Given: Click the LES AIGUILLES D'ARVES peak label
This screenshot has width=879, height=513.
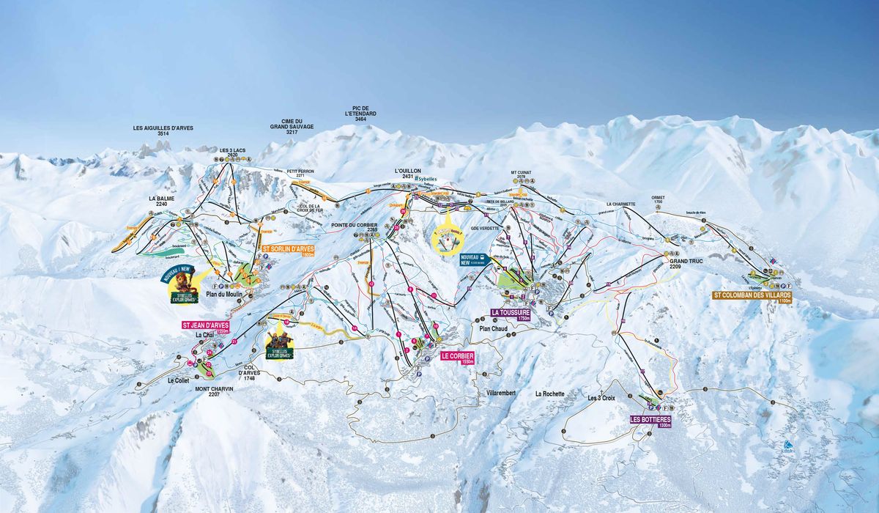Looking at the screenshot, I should (163, 130).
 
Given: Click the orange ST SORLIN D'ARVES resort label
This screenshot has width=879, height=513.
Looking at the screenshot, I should (288, 250).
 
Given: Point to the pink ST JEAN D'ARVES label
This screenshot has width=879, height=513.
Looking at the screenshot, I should (206, 326).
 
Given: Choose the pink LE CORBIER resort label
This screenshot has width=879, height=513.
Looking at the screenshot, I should (458, 357).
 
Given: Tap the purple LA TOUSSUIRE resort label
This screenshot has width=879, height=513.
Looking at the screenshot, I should (510, 314).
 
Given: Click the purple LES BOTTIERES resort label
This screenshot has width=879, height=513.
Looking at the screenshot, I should (650, 421).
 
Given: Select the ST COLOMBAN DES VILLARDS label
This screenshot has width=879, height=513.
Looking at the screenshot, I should (752, 298).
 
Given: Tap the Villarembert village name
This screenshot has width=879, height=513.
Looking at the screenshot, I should (501, 394).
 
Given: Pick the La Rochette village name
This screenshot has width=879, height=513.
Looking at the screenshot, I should (549, 394).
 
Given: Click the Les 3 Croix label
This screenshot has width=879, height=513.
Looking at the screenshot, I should (601, 398).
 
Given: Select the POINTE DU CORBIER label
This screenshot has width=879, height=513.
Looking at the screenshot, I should (354, 226).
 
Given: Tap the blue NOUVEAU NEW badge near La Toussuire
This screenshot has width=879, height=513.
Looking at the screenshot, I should (470, 259).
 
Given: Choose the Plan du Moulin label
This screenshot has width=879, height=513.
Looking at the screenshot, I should (223, 295).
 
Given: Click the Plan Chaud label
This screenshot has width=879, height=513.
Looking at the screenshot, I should (494, 329).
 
